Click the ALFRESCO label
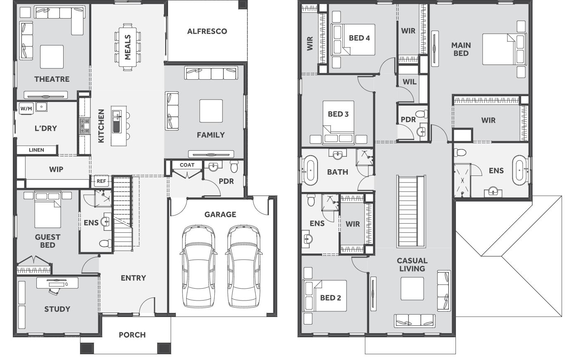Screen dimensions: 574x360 (x=207, y=31)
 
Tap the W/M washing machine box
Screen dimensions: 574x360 (x=26, y=109)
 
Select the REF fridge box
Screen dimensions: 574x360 (x=101, y=181)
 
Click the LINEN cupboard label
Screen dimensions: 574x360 (x=36, y=150)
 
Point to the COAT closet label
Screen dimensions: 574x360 (x=187, y=165)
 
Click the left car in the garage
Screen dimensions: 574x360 (x=198, y=266)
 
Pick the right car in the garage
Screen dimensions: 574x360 (x=244, y=266)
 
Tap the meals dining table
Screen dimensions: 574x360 (x=127, y=47)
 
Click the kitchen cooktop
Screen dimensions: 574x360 (x=85, y=126)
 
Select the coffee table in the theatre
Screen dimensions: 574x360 (x=52, y=57)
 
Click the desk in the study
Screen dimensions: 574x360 (x=57, y=283)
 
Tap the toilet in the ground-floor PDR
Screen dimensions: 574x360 (x=234, y=166)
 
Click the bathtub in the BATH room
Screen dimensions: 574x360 (x=310, y=170)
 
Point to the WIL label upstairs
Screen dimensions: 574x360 (x=410, y=82)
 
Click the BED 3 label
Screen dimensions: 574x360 (x=338, y=114)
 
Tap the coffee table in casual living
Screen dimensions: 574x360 (x=412, y=289)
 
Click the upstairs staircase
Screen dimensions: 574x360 (x=411, y=211)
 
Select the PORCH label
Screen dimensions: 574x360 (x=132, y=335)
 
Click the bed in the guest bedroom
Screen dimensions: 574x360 (x=47, y=210)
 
